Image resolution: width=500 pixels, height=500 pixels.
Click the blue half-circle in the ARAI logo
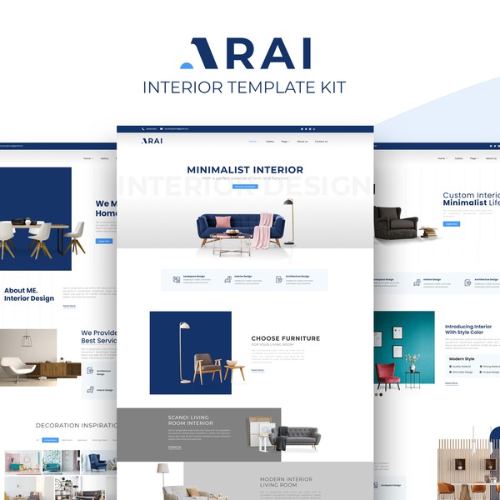click(x=187, y=64)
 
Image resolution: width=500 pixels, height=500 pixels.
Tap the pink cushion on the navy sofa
click(x=223, y=222)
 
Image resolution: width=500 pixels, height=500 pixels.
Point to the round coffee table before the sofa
click(x=231, y=242)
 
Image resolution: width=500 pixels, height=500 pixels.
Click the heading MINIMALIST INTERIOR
click(x=245, y=169)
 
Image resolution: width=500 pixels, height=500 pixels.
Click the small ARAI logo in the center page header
click(x=152, y=141)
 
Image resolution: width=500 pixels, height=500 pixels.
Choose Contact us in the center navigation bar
click(x=321, y=142)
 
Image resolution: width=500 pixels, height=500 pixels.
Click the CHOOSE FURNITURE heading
click(x=285, y=338)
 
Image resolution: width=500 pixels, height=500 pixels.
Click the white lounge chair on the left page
click(x=17, y=369)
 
